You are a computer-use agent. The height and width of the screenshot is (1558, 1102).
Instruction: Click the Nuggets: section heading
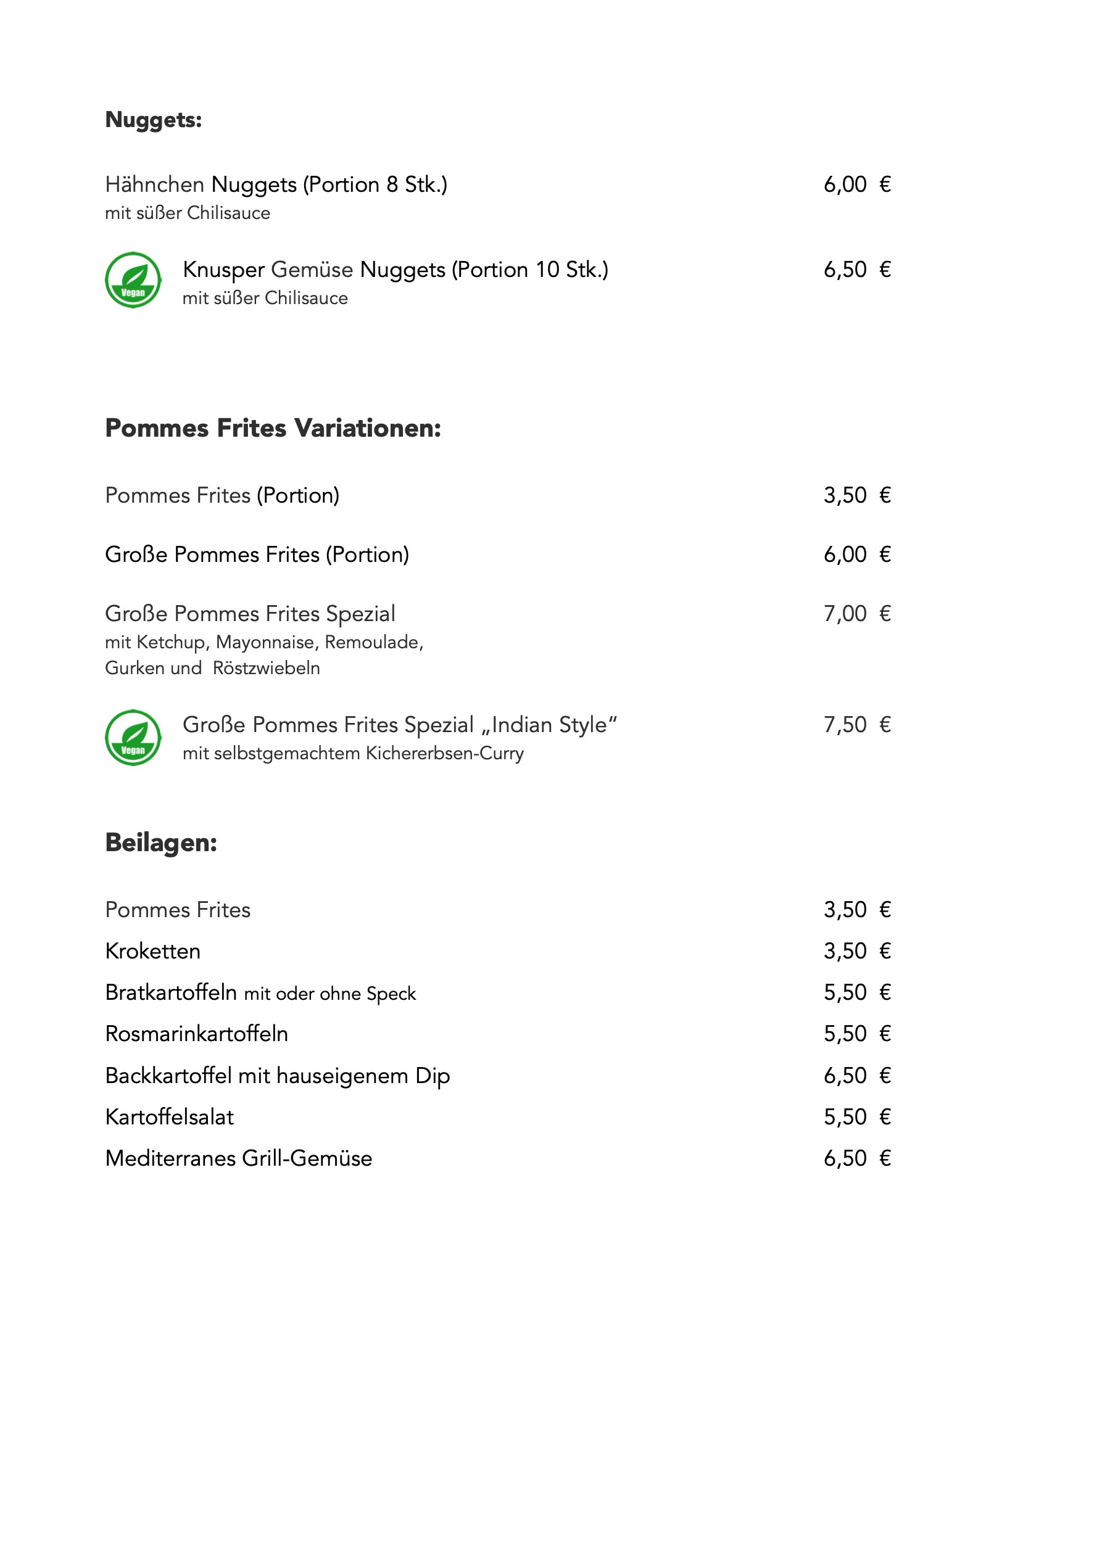coord(154,120)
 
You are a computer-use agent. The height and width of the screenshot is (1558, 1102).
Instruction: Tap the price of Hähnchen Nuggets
coord(856,184)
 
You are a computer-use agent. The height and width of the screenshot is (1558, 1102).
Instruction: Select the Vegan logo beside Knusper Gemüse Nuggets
coord(133,279)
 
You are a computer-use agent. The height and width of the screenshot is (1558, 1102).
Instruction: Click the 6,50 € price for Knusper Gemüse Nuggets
coord(856,270)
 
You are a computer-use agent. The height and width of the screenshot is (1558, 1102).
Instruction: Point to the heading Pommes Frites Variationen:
coord(273,428)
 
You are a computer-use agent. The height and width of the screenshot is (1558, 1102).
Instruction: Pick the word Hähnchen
coord(154,184)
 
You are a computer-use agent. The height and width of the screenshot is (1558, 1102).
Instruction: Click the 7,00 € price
coord(856,614)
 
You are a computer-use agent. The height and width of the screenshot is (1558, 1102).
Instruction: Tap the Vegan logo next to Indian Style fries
coord(133,738)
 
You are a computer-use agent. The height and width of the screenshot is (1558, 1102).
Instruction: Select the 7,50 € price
coord(856,725)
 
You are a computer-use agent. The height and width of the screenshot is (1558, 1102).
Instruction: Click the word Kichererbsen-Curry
coord(444,754)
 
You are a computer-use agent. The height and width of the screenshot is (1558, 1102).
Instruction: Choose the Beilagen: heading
coord(161,843)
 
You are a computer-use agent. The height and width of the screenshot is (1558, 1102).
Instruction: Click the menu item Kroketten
coord(153,951)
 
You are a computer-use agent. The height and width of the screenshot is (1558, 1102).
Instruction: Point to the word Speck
coord(391,994)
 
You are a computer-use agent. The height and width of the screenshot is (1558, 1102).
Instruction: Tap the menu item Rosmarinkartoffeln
coord(196,1034)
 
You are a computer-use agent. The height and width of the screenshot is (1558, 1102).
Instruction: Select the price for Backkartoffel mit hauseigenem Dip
coord(856,1076)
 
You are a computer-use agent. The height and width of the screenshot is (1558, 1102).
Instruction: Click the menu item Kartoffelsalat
coord(169,1117)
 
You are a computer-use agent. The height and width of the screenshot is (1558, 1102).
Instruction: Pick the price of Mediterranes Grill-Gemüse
coord(856,1158)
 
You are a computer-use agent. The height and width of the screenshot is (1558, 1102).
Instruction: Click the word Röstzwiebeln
coord(266,669)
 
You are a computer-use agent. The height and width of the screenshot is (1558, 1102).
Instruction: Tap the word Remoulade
coord(373,643)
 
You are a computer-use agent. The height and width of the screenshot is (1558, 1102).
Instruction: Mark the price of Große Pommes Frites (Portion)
coord(856,555)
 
